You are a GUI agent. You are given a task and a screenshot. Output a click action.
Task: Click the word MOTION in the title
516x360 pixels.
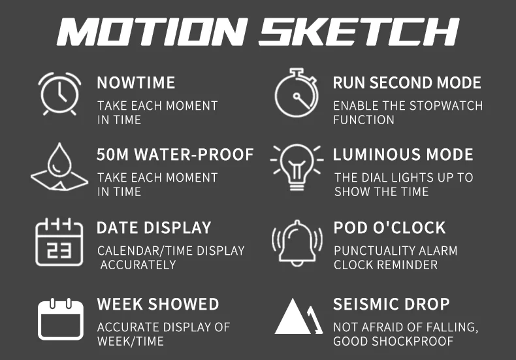(x=152, y=31)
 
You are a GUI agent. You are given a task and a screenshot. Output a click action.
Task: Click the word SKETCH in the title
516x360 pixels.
(x=359, y=31)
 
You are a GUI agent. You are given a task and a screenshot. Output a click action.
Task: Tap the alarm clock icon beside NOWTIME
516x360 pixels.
(x=59, y=94)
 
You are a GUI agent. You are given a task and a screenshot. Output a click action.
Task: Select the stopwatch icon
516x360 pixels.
(x=296, y=93)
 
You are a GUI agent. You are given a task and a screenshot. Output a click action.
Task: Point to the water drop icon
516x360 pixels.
(x=59, y=167)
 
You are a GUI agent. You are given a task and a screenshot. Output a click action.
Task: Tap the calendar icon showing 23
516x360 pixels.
(x=59, y=242)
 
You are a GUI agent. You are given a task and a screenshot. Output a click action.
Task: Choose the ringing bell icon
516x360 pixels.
(x=297, y=244)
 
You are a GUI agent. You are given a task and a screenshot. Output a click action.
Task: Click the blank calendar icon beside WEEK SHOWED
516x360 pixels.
(x=61, y=319)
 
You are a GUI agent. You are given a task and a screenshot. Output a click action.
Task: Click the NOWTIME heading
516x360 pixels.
(x=136, y=82)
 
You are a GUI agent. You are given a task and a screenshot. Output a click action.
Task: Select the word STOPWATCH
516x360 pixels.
(x=446, y=106)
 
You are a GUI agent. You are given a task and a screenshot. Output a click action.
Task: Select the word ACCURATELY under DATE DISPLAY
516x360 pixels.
(x=138, y=265)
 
